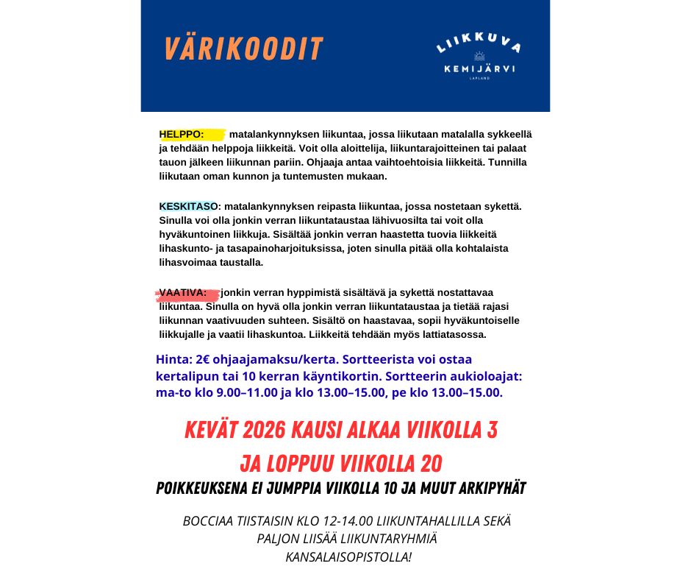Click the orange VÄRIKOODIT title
pyautogui.click(x=243, y=49)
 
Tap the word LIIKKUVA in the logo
pyautogui.click(x=479, y=46)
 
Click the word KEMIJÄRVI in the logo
pyautogui.click(x=479, y=68)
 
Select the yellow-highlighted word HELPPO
pyautogui.click(x=181, y=135)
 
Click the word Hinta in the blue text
pyautogui.click(x=172, y=360)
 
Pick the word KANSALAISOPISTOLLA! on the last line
pyautogui.click(x=348, y=556)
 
